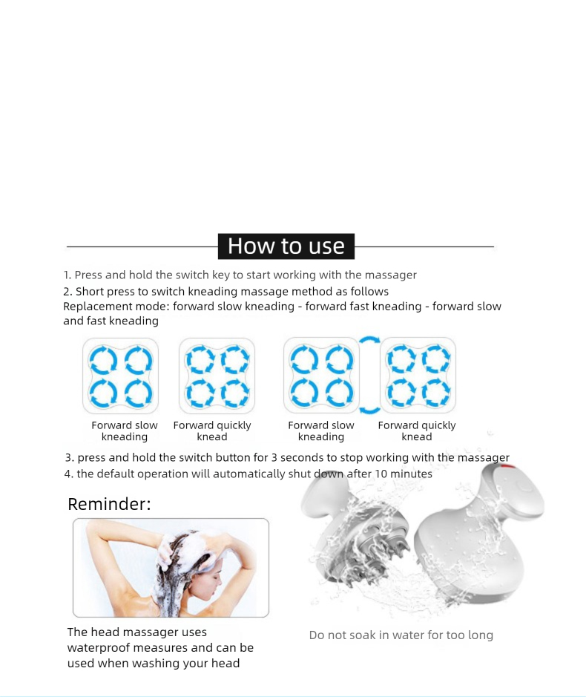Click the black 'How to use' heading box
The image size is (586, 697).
[286, 246]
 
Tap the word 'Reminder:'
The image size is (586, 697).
[109, 504]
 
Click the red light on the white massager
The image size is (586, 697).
[507, 467]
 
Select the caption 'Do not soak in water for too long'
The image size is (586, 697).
[401, 635]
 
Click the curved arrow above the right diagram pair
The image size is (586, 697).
[369, 340]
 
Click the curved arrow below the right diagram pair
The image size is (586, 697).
[369, 410]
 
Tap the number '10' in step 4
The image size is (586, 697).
[381, 474]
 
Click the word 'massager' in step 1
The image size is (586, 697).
[393, 275]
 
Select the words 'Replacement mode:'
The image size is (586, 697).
[116, 307]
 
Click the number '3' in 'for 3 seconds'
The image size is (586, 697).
[274, 458]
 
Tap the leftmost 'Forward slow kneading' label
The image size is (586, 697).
[125, 431]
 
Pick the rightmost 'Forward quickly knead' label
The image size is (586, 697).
[417, 431]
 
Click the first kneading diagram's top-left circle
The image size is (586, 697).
[103, 360]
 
